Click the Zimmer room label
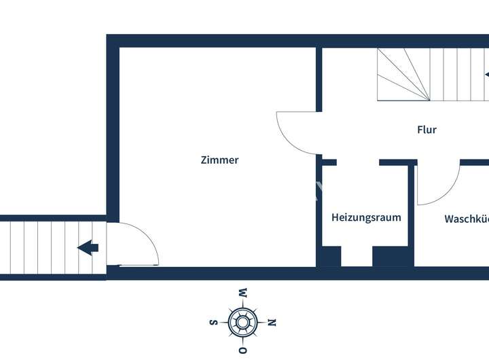219,160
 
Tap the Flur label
427,130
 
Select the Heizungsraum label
366,217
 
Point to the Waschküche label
467,219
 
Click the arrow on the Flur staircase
486,74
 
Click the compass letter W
242,293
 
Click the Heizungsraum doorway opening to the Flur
357,163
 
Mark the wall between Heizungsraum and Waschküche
411,211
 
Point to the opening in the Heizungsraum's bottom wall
357,257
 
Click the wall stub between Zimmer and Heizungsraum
319,204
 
